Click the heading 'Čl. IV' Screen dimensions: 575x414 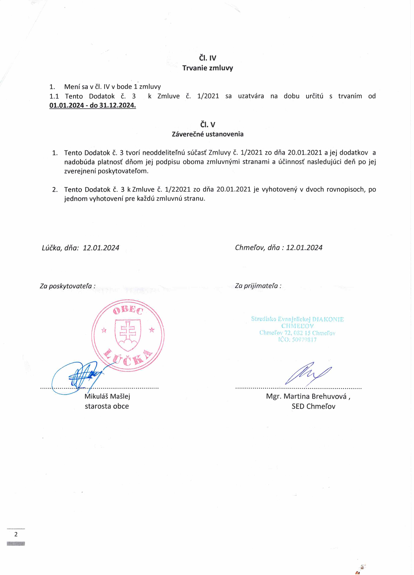pos(208,58)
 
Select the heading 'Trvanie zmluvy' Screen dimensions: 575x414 pos(208,68)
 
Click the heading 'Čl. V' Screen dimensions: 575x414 pos(208,125)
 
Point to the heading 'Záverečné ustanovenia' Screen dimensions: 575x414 pos(208,134)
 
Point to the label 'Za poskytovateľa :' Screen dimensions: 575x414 pos(68,286)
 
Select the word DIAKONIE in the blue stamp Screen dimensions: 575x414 pos(328,319)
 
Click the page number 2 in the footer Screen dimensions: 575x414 pos(16,534)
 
